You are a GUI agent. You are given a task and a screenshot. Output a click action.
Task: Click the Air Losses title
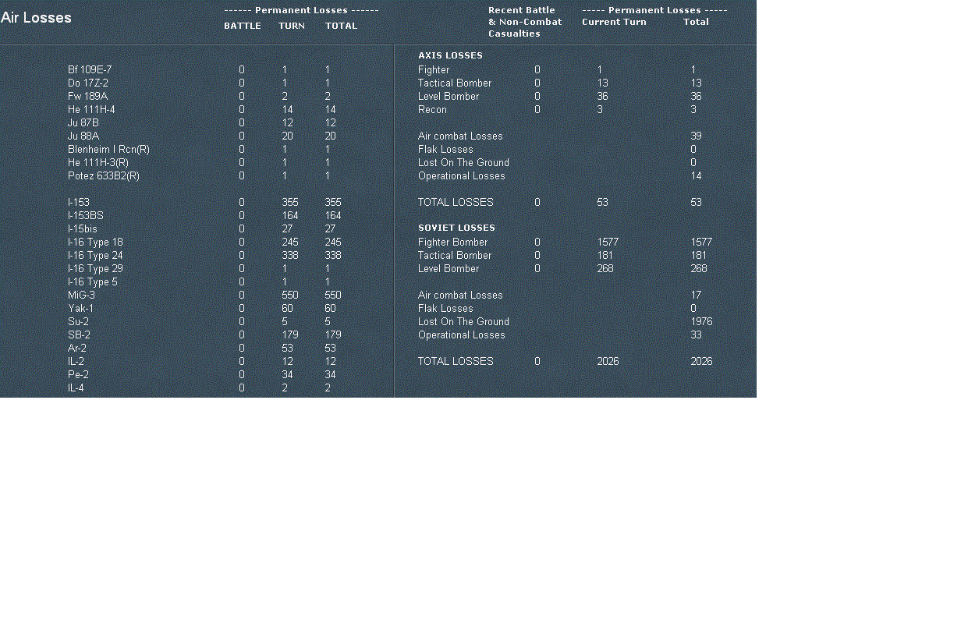[36, 18]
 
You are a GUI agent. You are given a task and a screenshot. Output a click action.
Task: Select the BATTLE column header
[243, 26]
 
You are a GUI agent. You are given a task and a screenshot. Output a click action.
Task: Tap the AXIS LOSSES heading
[450, 56]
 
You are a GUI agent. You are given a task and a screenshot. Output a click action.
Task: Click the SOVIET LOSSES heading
[456, 228]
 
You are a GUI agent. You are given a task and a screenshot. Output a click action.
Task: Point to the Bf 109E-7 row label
[90, 70]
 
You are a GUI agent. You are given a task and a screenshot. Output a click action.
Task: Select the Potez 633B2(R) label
[104, 176]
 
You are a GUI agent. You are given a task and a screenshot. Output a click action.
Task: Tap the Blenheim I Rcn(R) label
[108, 150]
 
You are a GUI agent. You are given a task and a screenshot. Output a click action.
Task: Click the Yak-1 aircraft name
[80, 309]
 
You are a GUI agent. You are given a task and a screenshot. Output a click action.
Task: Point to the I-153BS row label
[85, 216]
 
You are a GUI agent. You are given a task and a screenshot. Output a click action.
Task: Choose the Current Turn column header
[614, 22]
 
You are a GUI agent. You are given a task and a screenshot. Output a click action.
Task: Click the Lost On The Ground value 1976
[701, 322]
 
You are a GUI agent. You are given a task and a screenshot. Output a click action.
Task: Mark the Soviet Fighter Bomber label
[452, 242]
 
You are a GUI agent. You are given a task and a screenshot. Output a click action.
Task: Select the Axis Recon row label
[432, 110]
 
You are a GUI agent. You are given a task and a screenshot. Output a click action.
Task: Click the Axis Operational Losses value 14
[696, 176]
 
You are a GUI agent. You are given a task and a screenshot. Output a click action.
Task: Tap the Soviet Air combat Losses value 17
[696, 296]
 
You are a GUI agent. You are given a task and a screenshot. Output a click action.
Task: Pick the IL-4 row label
[76, 388]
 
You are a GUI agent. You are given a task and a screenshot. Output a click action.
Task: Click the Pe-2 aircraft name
[78, 375]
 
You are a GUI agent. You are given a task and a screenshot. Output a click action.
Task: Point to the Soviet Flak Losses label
[445, 309]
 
